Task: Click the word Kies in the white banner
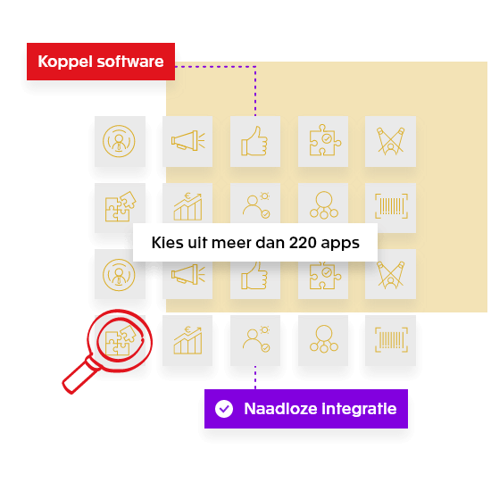[166, 242]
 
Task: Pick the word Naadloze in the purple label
[278, 410]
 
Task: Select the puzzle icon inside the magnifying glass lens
[120, 340]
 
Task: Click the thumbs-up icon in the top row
[255, 141]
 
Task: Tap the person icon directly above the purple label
[255, 340]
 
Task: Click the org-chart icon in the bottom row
[323, 340]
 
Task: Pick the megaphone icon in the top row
[187, 141]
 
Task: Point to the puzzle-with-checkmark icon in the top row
[323, 141]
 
